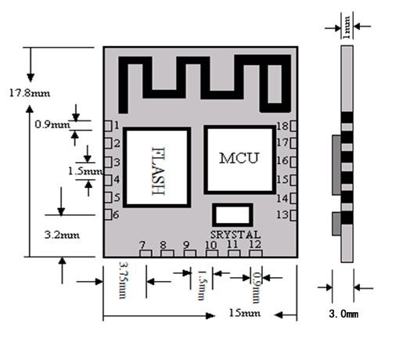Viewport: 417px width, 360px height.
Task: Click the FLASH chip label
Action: [158, 171]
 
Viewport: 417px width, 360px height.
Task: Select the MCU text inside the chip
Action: [239, 158]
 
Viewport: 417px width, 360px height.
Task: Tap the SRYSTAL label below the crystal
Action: [235, 235]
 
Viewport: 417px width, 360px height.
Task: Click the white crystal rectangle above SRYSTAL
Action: [232, 215]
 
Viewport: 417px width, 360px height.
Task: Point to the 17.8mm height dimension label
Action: [30, 93]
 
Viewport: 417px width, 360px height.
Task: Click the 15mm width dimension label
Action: [245, 313]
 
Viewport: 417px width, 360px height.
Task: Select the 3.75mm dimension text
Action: [124, 280]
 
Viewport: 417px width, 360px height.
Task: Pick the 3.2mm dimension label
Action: [62, 236]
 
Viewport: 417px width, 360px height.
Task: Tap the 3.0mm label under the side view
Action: [343, 314]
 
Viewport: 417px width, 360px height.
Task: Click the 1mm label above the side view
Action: [347, 27]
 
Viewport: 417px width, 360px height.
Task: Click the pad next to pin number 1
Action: [108, 126]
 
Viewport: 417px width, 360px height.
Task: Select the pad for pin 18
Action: [293, 126]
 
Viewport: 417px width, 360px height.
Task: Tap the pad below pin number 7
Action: [146, 254]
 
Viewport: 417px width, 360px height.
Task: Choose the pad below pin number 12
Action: [256, 254]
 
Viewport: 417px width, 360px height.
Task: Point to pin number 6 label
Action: [116, 214]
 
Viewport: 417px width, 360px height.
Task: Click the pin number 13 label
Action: [282, 214]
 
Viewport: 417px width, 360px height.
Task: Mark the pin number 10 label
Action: [211, 245]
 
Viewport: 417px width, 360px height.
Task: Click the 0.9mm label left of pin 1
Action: [52, 124]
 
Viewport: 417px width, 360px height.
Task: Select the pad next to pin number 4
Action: [108, 180]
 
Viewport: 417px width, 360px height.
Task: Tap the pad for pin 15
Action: [293, 180]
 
